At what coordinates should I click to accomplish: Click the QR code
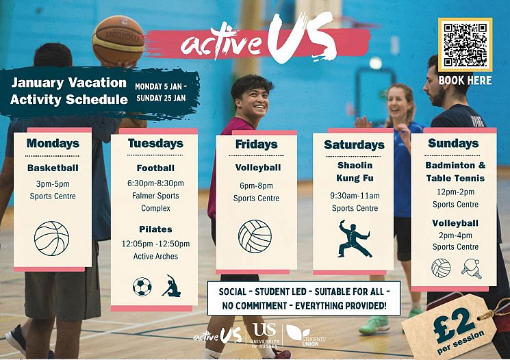click(465, 44)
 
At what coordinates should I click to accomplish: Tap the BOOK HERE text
click(465, 80)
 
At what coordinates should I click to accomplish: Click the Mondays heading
click(53, 144)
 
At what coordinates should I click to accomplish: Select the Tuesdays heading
click(155, 143)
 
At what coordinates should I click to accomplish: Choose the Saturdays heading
click(354, 144)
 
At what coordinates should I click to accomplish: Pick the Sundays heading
click(453, 143)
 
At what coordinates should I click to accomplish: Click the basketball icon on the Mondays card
click(51, 237)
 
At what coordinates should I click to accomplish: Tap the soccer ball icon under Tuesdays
click(142, 286)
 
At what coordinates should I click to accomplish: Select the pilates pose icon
click(171, 285)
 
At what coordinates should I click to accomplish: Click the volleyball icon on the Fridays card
click(255, 236)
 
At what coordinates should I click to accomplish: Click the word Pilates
click(155, 229)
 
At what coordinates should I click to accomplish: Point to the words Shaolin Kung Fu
click(355, 171)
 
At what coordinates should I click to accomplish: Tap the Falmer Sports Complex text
click(155, 201)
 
